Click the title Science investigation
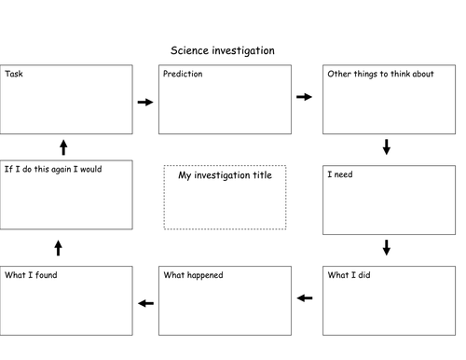(222, 50)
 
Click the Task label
(14, 74)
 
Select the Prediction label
(183, 74)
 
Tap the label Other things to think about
(380, 74)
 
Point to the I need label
(341, 174)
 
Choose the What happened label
(194, 275)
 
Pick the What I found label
(33, 275)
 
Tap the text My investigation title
(225, 175)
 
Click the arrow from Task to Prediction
(144, 102)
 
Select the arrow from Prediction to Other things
(304, 96)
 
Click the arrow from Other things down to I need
(387, 146)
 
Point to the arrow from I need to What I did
(387, 247)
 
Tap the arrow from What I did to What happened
(304, 298)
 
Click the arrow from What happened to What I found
(144, 303)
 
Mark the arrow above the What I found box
(58, 247)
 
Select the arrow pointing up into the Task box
(63, 146)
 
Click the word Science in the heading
(190, 50)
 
